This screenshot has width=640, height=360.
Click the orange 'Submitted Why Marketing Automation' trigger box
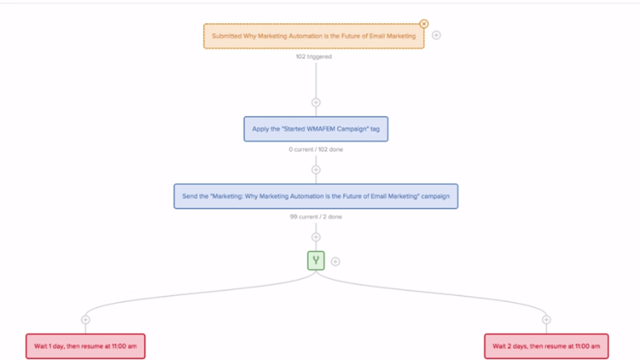click(x=314, y=36)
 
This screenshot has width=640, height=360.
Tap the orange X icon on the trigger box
click(x=424, y=24)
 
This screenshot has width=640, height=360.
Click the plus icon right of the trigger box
click(x=436, y=35)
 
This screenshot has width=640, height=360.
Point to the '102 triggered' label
click(x=314, y=56)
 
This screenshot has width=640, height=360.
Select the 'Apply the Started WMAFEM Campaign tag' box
click(x=316, y=129)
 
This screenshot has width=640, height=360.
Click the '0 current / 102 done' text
click(x=316, y=149)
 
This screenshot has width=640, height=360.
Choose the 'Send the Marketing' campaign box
click(x=316, y=196)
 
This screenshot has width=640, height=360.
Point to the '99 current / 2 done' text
click(x=316, y=217)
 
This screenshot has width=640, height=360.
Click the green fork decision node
click(x=316, y=260)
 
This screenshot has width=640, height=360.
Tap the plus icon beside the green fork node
click(x=335, y=261)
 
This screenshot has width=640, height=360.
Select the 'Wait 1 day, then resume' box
click(x=85, y=346)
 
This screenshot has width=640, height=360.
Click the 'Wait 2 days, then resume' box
click(x=546, y=346)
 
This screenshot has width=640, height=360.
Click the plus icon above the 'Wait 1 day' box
click(x=85, y=320)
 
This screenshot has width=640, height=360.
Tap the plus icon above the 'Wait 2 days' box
click(x=546, y=320)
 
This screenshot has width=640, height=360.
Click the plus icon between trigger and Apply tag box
click(x=316, y=103)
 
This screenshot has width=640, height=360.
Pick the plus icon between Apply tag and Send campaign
click(x=316, y=170)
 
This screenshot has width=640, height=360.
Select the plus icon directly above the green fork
click(x=316, y=237)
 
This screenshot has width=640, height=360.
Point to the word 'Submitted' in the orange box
click(x=226, y=36)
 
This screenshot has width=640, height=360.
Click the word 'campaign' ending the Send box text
click(x=435, y=196)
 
